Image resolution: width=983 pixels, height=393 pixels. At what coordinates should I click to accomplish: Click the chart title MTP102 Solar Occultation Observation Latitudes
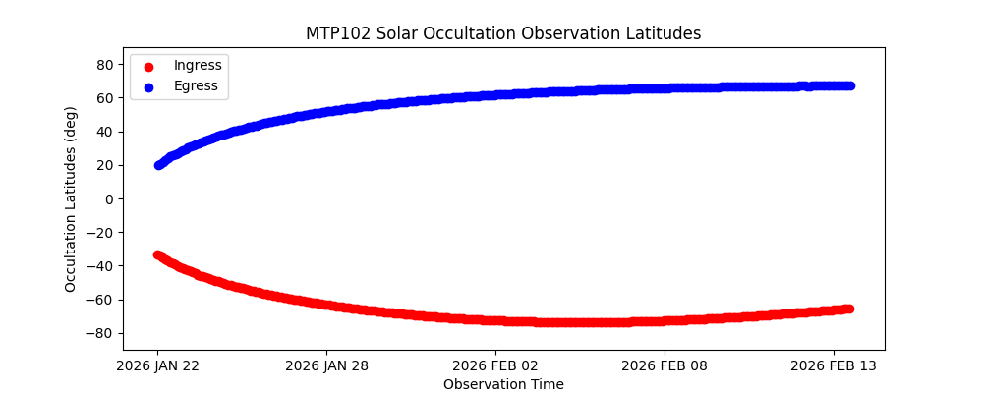coord(502,33)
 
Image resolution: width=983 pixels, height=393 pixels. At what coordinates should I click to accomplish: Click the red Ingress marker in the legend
coord(148,66)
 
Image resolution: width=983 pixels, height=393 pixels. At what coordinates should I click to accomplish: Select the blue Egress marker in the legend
coord(148,86)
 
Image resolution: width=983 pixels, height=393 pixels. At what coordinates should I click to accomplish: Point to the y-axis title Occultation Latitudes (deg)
coord(71,198)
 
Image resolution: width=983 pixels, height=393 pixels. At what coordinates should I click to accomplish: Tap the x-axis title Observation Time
coord(503,384)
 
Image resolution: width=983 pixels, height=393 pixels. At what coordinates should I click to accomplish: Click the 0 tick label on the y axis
coord(109,198)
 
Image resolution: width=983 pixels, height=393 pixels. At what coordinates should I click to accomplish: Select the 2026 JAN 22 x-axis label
coord(158,365)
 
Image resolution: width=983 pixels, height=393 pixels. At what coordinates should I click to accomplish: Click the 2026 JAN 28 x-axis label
coord(327,365)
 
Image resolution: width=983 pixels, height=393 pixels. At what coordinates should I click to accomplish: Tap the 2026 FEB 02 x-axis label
coord(495,365)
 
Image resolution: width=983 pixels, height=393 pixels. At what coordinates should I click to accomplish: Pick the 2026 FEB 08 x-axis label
coord(665,365)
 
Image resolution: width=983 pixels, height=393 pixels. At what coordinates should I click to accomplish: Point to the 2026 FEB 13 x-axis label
coord(834,365)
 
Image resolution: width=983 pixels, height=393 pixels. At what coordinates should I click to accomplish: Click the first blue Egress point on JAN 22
coord(158,165)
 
